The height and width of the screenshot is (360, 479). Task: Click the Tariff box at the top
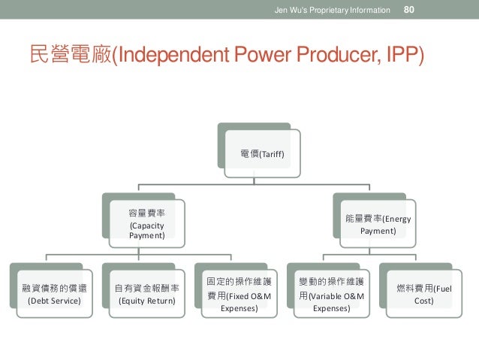pyautogui.click(x=263, y=154)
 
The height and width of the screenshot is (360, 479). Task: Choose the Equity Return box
pyautogui.click(x=146, y=294)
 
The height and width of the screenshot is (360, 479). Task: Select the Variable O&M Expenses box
pyautogui.click(x=333, y=294)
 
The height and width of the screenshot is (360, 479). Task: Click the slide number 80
pyautogui.click(x=410, y=10)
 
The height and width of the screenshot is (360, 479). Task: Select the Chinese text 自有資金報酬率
pyautogui.click(x=146, y=287)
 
